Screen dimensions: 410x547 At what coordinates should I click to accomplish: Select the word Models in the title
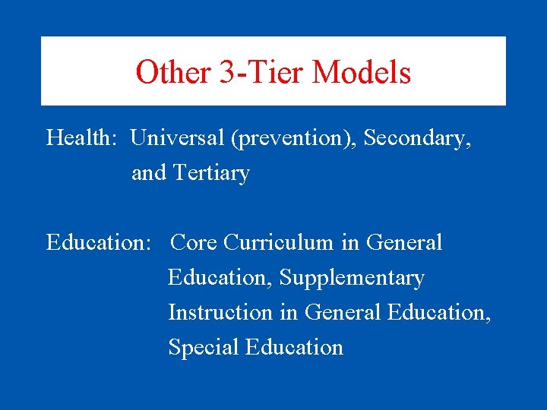point(362,73)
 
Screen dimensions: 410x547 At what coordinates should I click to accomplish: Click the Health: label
point(82,139)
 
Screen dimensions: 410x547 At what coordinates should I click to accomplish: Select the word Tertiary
point(211,173)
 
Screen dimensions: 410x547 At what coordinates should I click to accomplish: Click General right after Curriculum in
point(404,243)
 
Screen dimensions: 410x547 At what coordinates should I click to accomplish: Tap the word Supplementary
point(352,278)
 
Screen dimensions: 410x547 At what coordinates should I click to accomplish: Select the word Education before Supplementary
point(220,278)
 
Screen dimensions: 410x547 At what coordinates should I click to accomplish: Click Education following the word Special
point(295,348)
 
